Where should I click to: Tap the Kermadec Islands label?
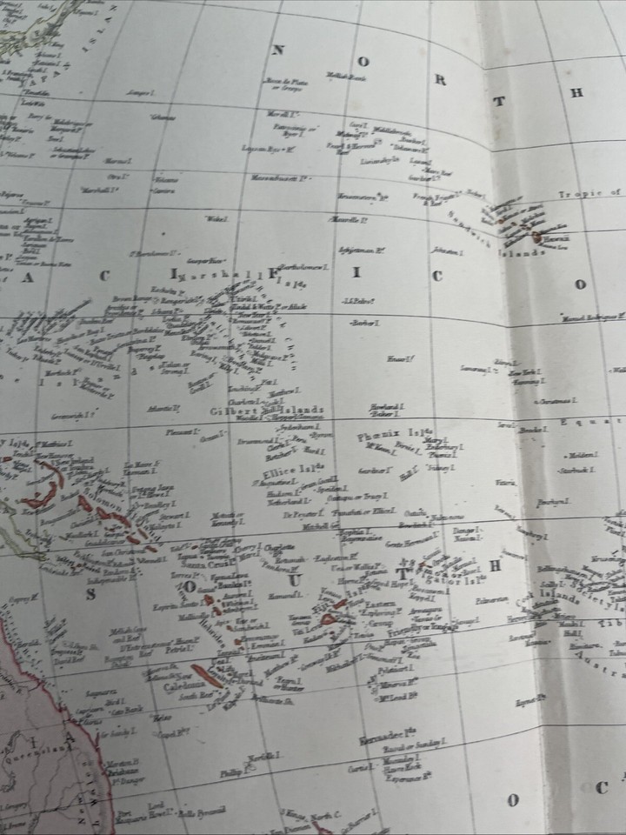(x=388, y=738)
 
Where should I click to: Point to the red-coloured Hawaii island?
(x=537, y=237)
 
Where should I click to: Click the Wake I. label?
(x=212, y=217)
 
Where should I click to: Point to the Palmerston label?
(x=491, y=599)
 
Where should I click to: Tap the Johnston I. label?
(x=444, y=252)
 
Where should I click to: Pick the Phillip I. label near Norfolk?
(x=230, y=771)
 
